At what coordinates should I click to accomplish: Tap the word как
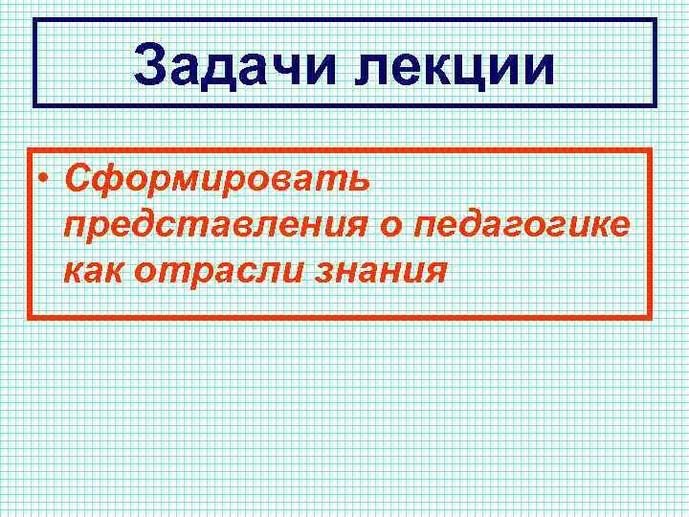click(x=94, y=271)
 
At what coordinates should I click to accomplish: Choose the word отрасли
click(x=219, y=272)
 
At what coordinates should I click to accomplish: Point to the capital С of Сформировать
click(x=76, y=178)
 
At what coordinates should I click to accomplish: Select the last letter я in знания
click(x=435, y=272)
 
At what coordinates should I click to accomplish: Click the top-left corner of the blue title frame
click(x=35, y=19)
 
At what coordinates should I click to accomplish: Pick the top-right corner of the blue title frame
click(x=656, y=19)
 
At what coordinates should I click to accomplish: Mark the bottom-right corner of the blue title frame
click(x=656, y=105)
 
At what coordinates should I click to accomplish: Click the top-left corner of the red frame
click(x=29, y=149)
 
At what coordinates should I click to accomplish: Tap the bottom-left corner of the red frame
click(x=29, y=317)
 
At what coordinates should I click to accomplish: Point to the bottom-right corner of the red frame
click(x=651, y=317)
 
